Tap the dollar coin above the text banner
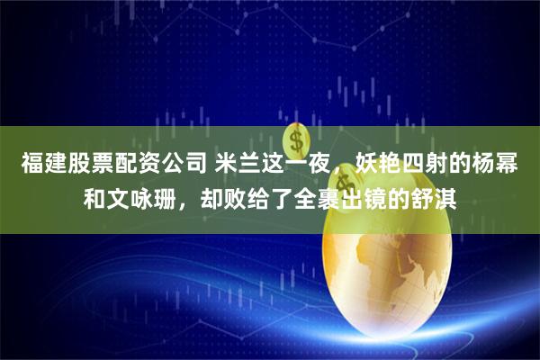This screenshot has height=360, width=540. click(x=296, y=138)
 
